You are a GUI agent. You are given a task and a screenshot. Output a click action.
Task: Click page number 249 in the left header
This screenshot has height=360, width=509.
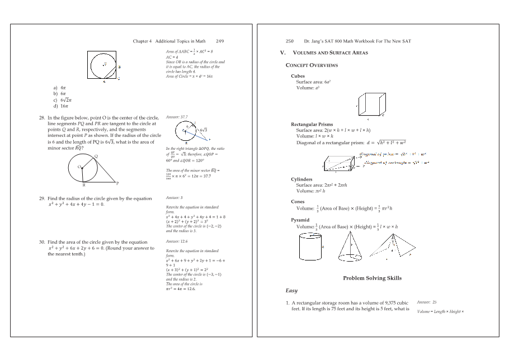(220, 41)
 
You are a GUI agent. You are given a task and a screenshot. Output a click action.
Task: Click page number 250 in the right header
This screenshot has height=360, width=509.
(290, 41)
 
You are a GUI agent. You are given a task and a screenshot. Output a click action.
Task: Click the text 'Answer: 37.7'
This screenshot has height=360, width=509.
(177, 117)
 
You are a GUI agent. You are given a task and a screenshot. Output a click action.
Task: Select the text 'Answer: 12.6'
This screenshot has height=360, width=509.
(176, 241)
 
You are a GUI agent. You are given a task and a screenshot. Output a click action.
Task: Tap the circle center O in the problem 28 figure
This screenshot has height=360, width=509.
(79, 167)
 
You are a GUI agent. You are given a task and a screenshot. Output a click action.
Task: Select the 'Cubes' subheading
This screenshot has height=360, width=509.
(298, 76)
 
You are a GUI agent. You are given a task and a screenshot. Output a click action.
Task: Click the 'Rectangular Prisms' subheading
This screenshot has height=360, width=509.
(312, 124)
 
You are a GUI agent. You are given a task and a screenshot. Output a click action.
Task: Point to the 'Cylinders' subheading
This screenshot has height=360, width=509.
(301, 179)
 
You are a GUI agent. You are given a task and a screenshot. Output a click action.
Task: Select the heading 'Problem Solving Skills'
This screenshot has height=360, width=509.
(372, 278)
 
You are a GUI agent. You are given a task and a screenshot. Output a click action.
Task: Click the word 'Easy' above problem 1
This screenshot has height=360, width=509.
(291, 291)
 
